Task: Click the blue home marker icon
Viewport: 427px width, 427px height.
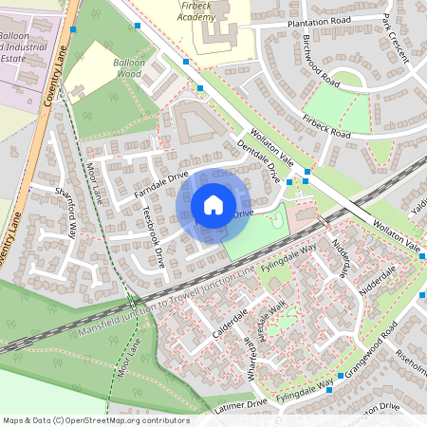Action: point(213,205)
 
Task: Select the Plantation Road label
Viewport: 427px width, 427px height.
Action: point(315,20)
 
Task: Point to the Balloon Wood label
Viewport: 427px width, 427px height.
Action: point(128,66)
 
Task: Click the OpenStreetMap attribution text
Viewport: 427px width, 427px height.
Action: point(96,419)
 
